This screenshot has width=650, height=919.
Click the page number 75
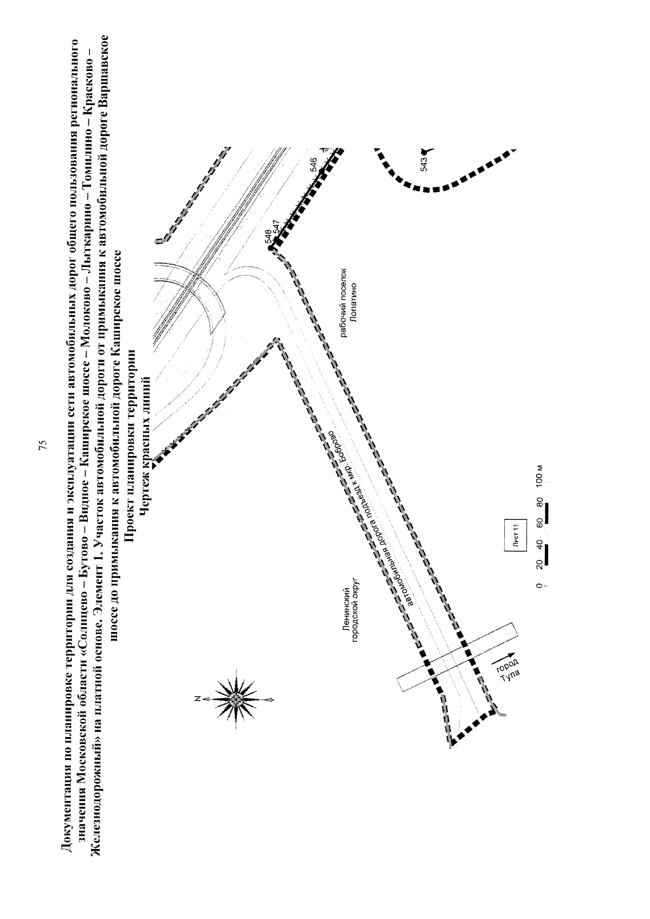pos(42,445)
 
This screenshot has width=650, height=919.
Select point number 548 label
pos(268,238)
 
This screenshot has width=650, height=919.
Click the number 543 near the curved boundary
pos(424,164)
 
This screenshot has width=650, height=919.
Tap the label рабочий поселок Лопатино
pos(349,302)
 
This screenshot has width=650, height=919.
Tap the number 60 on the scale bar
pos(539,522)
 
